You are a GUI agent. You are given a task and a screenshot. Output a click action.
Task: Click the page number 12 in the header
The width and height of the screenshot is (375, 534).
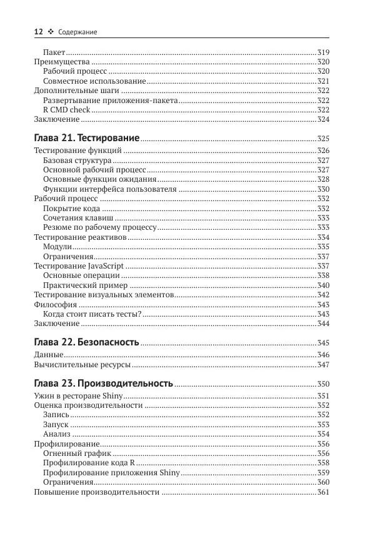click(37, 31)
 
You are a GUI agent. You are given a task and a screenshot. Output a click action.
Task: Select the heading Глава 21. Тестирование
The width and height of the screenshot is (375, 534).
click(86, 137)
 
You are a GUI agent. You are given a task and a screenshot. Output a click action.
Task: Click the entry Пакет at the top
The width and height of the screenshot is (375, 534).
click(54, 52)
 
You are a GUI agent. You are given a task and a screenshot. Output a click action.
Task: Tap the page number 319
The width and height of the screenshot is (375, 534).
click(323, 52)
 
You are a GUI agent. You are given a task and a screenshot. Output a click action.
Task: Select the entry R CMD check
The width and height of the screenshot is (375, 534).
click(62, 109)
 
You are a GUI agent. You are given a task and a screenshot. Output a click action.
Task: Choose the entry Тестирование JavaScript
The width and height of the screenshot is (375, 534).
click(78, 265)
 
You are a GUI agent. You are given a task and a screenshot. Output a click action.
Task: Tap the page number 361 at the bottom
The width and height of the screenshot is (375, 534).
click(323, 492)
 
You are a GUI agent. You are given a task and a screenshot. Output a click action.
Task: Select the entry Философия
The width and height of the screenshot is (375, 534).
click(55, 304)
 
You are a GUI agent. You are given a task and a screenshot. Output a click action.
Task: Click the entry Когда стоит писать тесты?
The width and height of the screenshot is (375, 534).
click(92, 314)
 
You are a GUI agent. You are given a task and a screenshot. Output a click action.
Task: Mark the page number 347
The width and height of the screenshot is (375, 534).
click(323, 364)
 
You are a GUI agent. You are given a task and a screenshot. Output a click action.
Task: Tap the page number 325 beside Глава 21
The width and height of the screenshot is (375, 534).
click(323, 138)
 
